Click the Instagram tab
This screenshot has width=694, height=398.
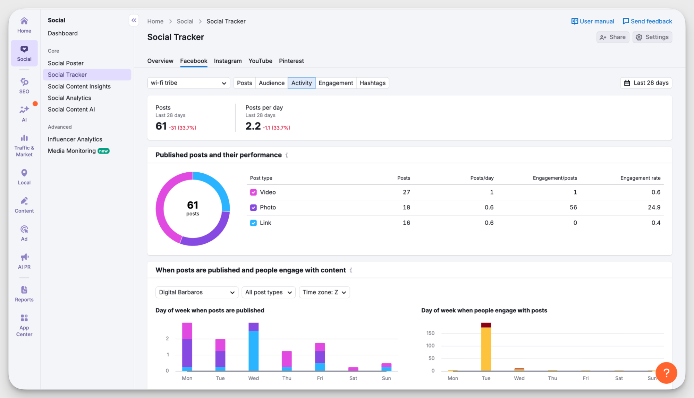(x=228, y=61)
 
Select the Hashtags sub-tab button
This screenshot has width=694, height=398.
(x=372, y=83)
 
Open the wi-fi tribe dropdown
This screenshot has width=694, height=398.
(x=188, y=83)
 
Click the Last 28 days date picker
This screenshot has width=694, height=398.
(x=646, y=83)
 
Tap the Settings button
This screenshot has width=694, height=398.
(x=652, y=37)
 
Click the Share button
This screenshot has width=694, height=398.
(x=612, y=37)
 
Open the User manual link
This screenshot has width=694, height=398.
(x=593, y=21)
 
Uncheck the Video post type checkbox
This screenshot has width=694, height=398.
(x=253, y=192)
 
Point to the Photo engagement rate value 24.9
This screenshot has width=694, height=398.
(x=654, y=207)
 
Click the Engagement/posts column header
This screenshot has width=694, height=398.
(x=555, y=178)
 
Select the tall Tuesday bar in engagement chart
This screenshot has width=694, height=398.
(x=486, y=347)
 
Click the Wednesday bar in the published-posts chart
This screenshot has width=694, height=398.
(x=253, y=347)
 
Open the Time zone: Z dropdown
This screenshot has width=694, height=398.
(x=324, y=292)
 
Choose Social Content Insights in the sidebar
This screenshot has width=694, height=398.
(x=79, y=86)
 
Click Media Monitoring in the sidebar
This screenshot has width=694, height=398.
(x=72, y=151)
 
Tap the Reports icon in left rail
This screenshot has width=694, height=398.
(x=24, y=293)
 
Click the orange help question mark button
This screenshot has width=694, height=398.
(x=666, y=373)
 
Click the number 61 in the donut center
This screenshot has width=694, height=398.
(x=193, y=205)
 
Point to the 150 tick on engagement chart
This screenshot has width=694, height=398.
(x=430, y=333)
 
